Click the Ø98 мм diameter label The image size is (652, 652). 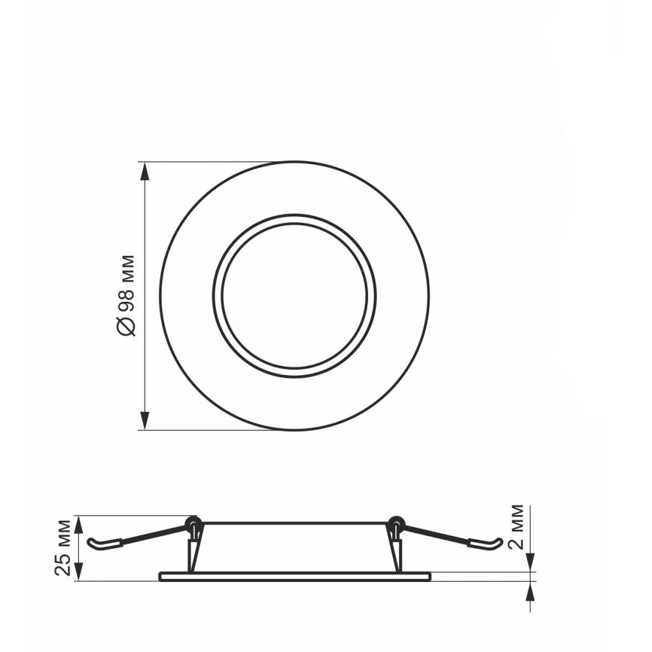127,295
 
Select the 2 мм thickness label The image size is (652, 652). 517,528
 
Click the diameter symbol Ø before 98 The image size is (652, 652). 127,325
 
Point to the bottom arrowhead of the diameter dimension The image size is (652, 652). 145,420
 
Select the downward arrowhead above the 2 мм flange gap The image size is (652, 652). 530,563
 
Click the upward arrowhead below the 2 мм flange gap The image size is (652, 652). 530,591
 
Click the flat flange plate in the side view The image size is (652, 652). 294,576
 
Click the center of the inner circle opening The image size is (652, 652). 294,295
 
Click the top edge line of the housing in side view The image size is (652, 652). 294,523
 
